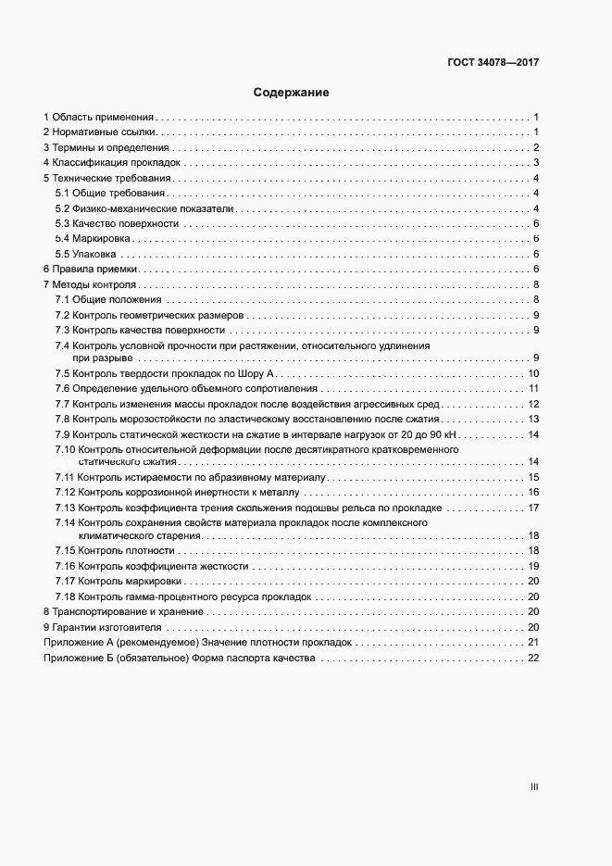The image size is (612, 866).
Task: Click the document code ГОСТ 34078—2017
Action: (493, 63)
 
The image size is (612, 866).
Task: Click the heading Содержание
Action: (292, 93)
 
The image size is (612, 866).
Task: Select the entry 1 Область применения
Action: (98, 118)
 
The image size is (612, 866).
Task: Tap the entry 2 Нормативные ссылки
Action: (99, 132)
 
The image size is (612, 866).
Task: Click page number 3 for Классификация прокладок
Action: (536, 163)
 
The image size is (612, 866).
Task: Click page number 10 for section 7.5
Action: (533, 373)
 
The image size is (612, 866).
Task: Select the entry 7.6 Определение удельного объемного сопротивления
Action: (186, 388)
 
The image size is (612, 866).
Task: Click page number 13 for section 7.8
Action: (533, 419)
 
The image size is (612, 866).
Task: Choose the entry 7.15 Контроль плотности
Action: (114, 551)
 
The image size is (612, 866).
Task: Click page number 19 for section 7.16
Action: (533, 566)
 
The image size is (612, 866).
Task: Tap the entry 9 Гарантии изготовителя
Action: (101, 627)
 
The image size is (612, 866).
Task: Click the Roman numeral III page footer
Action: (534, 787)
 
